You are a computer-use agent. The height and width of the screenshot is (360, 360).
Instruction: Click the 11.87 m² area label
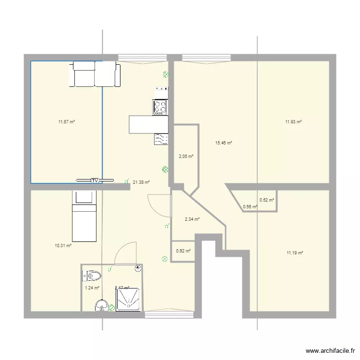pos(67,122)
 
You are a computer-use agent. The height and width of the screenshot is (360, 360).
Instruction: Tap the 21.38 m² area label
pos(141,182)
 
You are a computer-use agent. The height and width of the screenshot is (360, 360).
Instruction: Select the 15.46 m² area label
pos(224,143)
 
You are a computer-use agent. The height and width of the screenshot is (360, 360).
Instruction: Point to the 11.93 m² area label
pos(293,122)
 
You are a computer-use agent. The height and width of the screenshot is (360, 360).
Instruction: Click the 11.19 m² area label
pos(294,252)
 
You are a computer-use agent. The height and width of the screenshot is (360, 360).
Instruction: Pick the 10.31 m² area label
pos(63,245)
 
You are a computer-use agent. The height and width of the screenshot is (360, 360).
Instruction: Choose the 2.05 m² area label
pos(186,156)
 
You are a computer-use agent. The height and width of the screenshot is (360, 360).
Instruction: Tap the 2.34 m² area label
pos(192,219)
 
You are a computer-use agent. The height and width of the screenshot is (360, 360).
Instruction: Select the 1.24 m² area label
pos(92,288)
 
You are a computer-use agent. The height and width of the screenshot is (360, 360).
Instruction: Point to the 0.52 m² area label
pos(267,200)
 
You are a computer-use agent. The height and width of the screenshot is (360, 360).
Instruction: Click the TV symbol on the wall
pos(95,180)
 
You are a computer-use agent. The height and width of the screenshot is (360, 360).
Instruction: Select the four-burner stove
pos(160,107)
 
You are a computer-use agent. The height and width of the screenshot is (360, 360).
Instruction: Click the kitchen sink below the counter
pos(161,139)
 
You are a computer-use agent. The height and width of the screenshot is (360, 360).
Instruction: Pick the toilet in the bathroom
pos(93,276)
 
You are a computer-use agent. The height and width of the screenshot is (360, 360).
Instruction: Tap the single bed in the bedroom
pos(84,216)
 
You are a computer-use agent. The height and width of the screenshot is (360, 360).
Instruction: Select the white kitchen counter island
pos(148,124)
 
